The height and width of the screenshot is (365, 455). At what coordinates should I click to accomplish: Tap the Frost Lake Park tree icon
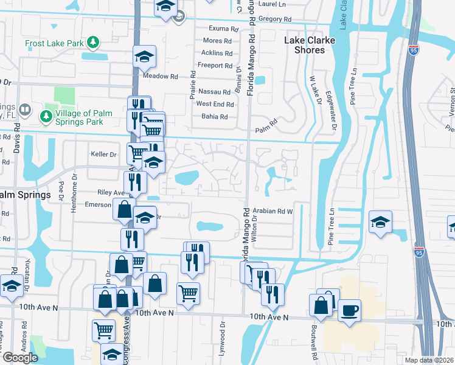pos(93,42)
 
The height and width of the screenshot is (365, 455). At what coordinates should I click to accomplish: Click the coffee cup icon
pos(349,310)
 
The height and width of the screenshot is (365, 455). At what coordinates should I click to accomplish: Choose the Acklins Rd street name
pos(216,53)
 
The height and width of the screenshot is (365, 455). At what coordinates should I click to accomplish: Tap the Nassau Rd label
pos(214,91)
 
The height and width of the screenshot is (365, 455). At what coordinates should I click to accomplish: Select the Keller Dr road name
pos(103,155)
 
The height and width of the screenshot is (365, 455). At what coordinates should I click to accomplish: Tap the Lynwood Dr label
pos(222,344)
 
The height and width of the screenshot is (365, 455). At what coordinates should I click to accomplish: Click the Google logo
pos(20,358)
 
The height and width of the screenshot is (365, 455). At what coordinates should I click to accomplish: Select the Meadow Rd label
pos(160,77)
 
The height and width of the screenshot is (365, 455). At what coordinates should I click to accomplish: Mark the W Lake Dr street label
pos(315,90)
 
